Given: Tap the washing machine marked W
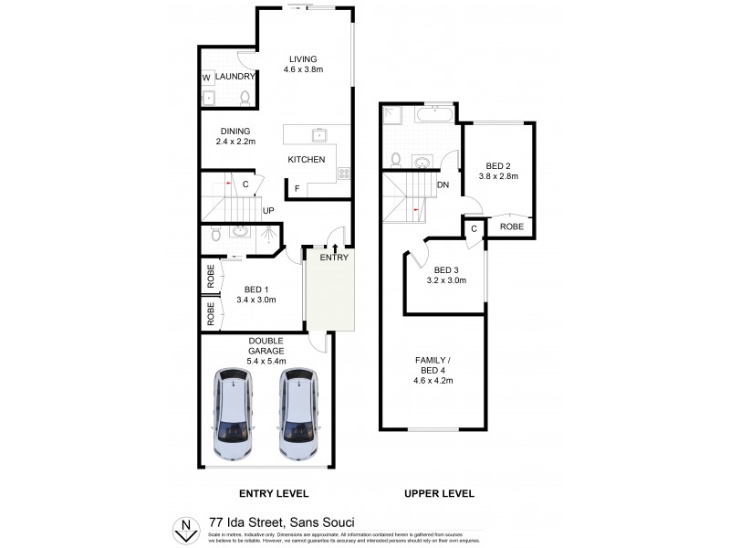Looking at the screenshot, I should pyautogui.click(x=206, y=78).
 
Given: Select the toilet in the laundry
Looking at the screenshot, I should pyautogui.click(x=245, y=97).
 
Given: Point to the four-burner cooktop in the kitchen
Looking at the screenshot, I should pyautogui.click(x=344, y=174).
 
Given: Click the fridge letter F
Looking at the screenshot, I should pyautogui.click(x=297, y=188).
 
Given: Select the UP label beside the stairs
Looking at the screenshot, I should pyautogui.click(x=268, y=211).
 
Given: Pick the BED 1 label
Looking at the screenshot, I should pyautogui.click(x=255, y=289).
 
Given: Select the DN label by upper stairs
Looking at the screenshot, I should pyautogui.click(x=443, y=185).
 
